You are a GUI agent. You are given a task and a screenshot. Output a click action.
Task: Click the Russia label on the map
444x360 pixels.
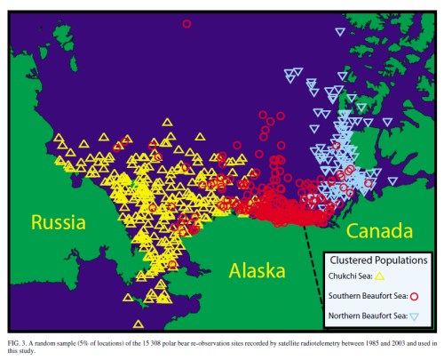pyautogui.click(x=58, y=222)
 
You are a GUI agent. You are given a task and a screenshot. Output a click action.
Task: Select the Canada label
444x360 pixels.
pyautogui.click(x=379, y=232)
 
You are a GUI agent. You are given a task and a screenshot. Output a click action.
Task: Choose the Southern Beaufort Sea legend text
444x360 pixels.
pyautogui.click(x=367, y=296)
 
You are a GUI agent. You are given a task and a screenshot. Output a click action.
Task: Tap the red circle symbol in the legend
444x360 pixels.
pyautogui.click(x=416, y=296)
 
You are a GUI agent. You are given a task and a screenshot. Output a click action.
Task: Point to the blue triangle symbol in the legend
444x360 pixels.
pyautogui.click(x=415, y=316)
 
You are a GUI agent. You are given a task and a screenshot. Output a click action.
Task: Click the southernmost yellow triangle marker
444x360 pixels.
pyautogui.click(x=139, y=324)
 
